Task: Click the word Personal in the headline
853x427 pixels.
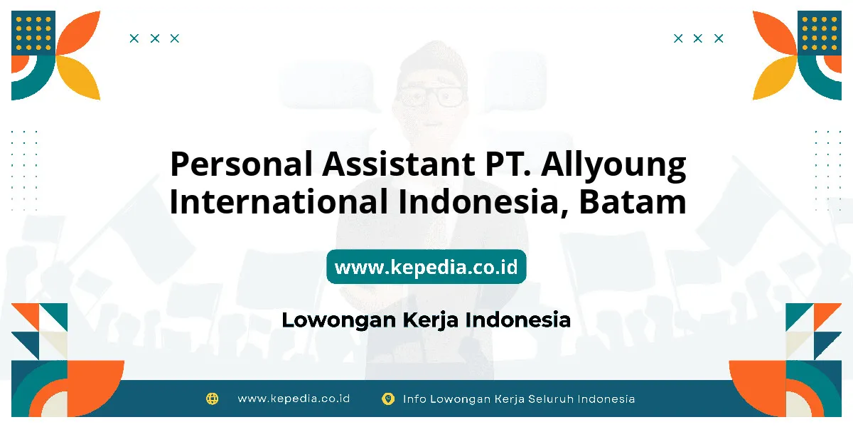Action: pyautogui.click(x=242, y=164)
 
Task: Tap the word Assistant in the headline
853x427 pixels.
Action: pyautogui.click(x=399, y=164)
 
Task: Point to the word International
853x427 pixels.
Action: pyautogui.click(x=279, y=201)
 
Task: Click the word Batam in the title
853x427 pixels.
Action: pyautogui.click(x=633, y=201)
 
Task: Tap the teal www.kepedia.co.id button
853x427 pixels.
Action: pyautogui.click(x=426, y=267)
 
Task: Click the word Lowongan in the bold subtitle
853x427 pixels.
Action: pyautogui.click(x=339, y=320)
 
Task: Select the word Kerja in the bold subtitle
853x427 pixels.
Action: pyautogui.click(x=430, y=320)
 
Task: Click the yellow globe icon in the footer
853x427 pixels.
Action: pyautogui.click(x=212, y=399)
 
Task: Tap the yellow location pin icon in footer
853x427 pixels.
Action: pyautogui.click(x=388, y=399)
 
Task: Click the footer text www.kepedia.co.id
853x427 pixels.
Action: pyautogui.click(x=294, y=399)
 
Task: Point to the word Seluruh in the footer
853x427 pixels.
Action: pyautogui.click(x=551, y=399)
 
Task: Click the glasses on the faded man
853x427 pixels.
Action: pyautogui.click(x=431, y=95)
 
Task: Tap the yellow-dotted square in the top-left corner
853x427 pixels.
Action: pyautogui.click(x=33, y=33)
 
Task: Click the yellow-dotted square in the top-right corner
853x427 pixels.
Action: pyautogui.click(x=820, y=33)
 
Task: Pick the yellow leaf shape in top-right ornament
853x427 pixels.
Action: pyautogui.click(x=774, y=79)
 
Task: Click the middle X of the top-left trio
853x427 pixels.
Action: pyautogui.click(x=155, y=38)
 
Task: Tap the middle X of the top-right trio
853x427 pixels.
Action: pyautogui.click(x=698, y=38)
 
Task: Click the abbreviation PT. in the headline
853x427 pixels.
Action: pyautogui.click(x=508, y=164)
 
